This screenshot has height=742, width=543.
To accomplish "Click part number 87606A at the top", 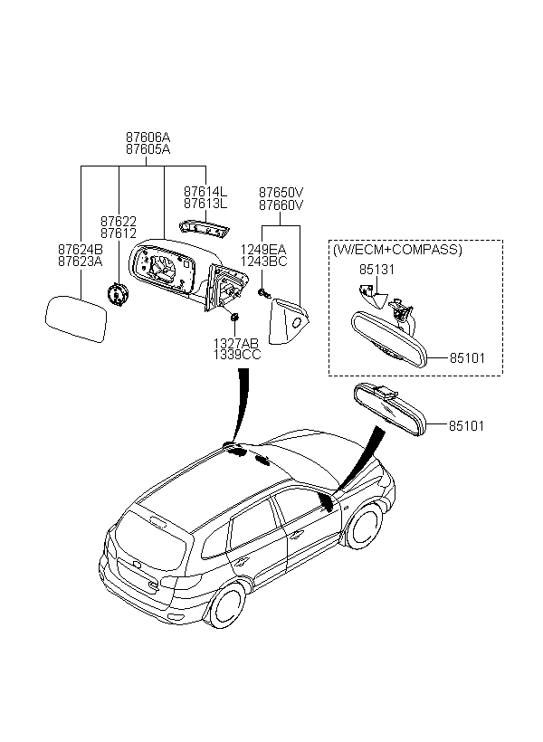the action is click(148, 138).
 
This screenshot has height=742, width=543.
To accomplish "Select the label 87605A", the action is click(148, 149).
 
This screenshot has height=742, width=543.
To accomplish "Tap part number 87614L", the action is click(205, 192).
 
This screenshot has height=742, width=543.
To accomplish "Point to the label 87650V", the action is click(281, 193).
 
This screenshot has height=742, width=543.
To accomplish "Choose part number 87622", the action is click(119, 222).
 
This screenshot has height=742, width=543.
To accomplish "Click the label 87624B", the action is click(80, 250).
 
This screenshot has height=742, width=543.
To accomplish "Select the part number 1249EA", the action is click(263, 250).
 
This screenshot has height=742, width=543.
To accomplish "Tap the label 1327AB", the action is click(236, 344).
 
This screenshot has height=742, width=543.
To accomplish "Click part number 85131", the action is click(376, 270).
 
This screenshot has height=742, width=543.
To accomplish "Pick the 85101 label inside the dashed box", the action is click(467, 358).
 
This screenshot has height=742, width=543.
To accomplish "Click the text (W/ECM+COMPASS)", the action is click(397, 250).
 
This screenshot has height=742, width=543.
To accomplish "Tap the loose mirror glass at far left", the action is click(76, 319).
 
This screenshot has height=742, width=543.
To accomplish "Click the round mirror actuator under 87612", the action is click(117, 295).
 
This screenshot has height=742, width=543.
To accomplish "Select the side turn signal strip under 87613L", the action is click(204, 229).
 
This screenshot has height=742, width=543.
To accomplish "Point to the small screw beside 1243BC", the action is click(263, 293).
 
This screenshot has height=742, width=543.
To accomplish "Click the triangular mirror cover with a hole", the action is click(289, 321).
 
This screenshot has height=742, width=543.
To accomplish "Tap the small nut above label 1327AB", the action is click(234, 317).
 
